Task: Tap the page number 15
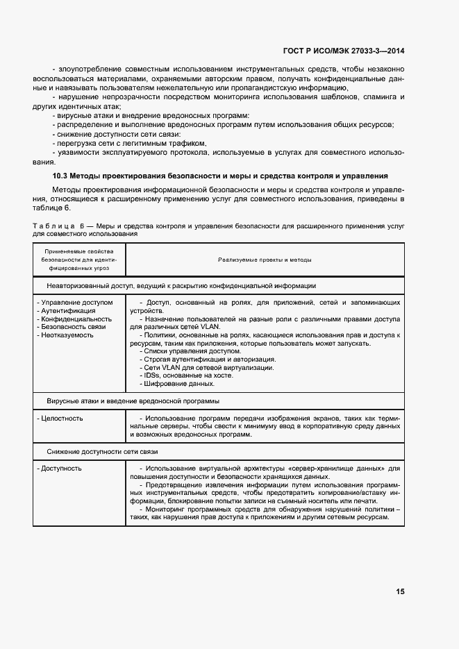400,591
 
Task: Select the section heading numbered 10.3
220,176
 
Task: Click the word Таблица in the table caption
53,227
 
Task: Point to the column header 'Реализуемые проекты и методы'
265,260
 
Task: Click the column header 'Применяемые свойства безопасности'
79,259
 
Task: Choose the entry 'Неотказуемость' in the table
67,335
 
